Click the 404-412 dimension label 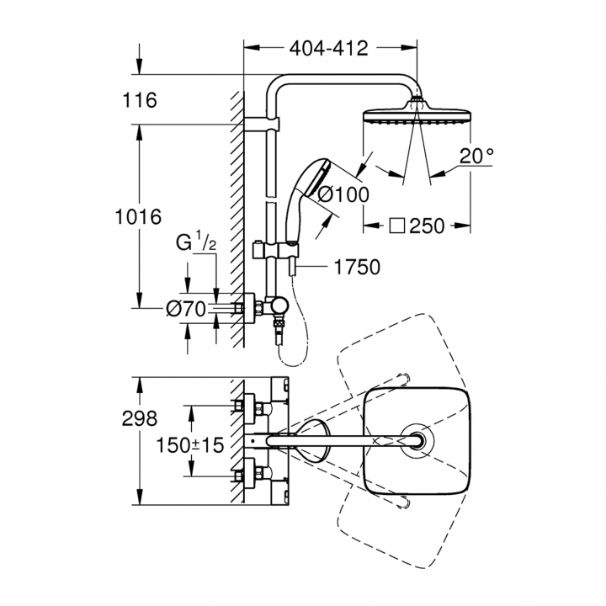point(329,49)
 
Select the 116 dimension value point(140,100)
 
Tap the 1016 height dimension point(138,217)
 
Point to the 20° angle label point(476,157)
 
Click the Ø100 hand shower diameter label point(343,194)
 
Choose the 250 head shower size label point(427,226)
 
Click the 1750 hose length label point(357,267)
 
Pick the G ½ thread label point(196,242)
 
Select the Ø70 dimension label point(186,309)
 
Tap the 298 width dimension point(140,418)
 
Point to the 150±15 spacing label point(189,445)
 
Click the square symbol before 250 point(397,226)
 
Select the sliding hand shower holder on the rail point(275,250)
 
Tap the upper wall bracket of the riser point(262,124)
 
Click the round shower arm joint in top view point(417,441)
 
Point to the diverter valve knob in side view point(279,306)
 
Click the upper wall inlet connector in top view point(251,407)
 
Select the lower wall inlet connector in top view point(251,473)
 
